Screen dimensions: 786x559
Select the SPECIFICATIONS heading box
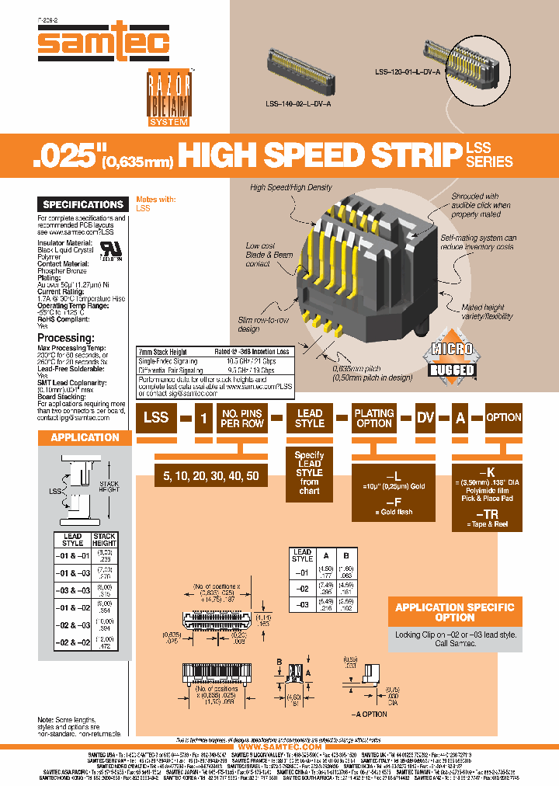tap(83, 204)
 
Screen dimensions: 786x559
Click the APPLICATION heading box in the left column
tap(85, 437)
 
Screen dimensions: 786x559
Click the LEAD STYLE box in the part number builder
tap(310, 418)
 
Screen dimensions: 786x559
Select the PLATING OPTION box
tap(374, 418)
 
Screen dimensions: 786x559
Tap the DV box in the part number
tap(425, 418)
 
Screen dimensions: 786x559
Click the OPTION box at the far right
tap(503, 417)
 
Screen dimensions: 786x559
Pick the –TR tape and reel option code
tap(487, 514)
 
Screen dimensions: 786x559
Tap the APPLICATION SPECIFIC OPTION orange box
tap(455, 612)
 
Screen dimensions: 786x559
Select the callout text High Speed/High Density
tap(291, 187)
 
